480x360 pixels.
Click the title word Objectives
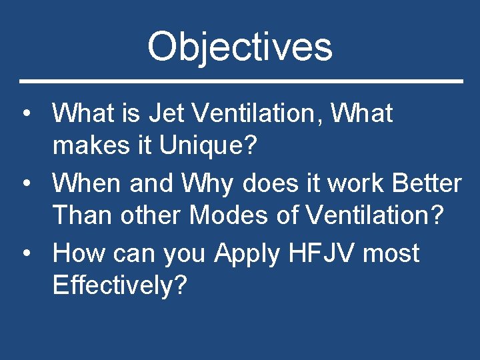pyautogui.click(x=239, y=47)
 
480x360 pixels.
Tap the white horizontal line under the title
pyautogui.click(x=240, y=81)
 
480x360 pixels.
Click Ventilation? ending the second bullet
pyautogui.click(x=373, y=215)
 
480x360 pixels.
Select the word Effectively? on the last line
pyautogui.click(x=120, y=285)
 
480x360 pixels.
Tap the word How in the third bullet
pyautogui.click(x=79, y=253)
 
